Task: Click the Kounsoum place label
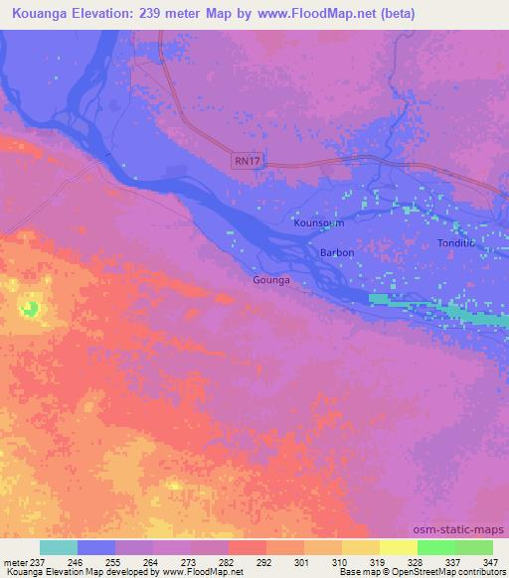pos(319,224)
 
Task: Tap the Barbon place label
pos(337,253)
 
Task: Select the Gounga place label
pos(270,281)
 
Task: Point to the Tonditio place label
pos(456,243)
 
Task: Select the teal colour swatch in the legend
pos(59,547)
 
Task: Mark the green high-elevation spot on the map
pos(32,308)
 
